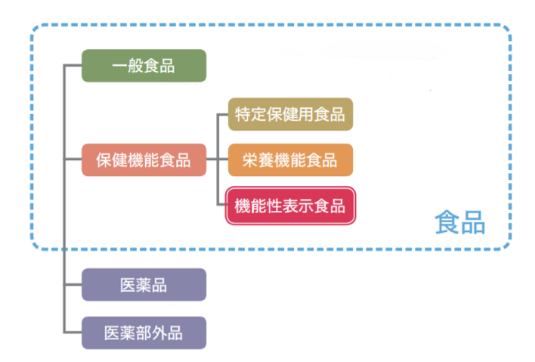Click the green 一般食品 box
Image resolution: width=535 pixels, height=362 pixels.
(x=144, y=66)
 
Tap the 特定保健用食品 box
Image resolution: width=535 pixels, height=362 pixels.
(x=290, y=115)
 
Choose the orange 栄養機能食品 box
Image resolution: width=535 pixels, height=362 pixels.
(x=290, y=160)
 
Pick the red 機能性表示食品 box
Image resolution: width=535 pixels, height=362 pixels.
(x=290, y=206)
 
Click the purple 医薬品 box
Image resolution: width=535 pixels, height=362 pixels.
(x=144, y=285)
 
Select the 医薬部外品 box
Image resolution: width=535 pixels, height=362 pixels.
(x=144, y=332)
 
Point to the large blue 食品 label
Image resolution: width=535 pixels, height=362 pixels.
(x=459, y=223)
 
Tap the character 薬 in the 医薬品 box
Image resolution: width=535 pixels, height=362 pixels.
(x=144, y=285)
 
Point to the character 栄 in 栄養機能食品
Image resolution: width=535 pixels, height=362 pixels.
(x=250, y=160)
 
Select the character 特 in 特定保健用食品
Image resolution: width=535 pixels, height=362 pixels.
(x=243, y=115)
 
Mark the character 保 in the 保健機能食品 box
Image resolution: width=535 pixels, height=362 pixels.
(x=104, y=160)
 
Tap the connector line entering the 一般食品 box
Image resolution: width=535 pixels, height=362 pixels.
(x=73, y=66)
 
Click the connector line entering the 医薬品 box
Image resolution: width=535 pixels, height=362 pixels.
(x=73, y=285)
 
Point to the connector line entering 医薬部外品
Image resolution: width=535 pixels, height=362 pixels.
(x=73, y=332)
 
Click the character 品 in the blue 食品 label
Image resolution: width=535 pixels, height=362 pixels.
(x=472, y=223)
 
